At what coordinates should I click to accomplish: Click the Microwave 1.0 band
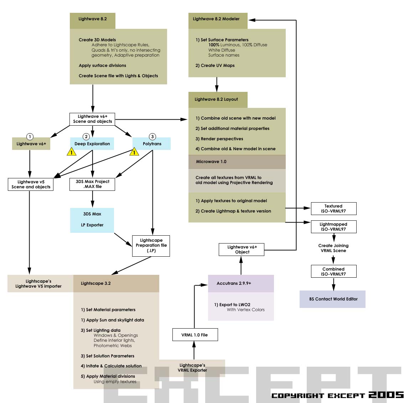point(237,162)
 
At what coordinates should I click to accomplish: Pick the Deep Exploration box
point(92,144)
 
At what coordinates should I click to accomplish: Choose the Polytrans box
point(152,144)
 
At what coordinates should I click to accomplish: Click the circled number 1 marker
point(30,137)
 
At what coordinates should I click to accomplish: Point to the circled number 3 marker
point(152,137)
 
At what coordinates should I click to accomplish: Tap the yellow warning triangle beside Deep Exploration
point(72,152)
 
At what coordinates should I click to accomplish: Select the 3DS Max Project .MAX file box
point(92,184)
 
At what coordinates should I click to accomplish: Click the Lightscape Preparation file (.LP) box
point(151,246)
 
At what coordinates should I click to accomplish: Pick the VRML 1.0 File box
point(195,335)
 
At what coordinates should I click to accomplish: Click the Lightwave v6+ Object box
point(242,250)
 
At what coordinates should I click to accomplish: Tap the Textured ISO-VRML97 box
point(333,209)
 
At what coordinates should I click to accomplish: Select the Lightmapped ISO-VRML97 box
point(333,227)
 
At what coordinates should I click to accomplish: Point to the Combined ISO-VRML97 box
point(333,272)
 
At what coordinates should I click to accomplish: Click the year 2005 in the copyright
point(386,394)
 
